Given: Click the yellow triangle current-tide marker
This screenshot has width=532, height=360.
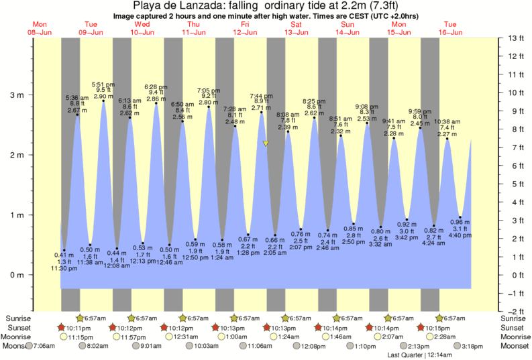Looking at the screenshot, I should (x=266, y=143).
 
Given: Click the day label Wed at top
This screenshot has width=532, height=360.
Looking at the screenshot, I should (x=142, y=24).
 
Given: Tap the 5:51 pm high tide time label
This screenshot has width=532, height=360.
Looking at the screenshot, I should (x=103, y=84).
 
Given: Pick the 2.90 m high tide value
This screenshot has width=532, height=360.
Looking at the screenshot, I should (x=103, y=96).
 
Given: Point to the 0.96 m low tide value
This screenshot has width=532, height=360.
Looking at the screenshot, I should (x=460, y=222).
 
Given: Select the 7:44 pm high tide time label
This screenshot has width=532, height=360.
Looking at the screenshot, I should (x=262, y=95).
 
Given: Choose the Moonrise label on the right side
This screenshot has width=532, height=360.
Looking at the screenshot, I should (x=513, y=337).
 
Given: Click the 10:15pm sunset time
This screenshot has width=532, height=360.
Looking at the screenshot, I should (x=436, y=328).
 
